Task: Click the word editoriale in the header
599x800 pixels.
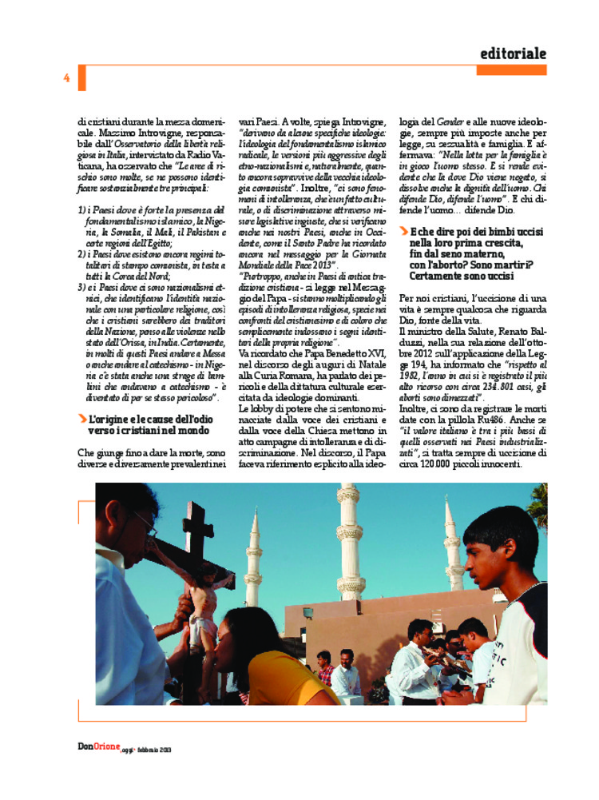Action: coord(514,54)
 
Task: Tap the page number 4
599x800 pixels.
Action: coord(67,78)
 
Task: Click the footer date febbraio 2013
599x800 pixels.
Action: coord(154,750)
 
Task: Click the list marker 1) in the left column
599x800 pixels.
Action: coord(82,209)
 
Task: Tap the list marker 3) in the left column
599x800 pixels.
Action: coord(82,285)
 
